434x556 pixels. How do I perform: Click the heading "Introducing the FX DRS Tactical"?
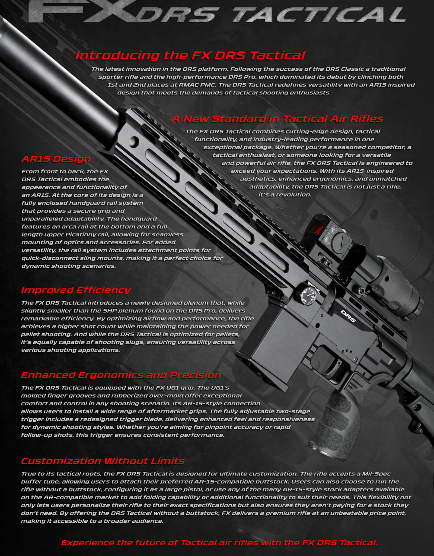click(190, 55)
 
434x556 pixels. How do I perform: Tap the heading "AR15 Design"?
click(56, 159)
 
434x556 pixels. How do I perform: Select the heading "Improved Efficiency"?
click(76, 290)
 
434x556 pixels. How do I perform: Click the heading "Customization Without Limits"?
click(103, 461)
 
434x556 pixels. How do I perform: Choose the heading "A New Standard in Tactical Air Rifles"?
click(277, 119)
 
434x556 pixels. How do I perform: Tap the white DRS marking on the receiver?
click(348, 316)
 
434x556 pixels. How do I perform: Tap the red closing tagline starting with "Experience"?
click(219, 535)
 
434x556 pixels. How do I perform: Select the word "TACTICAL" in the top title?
click(319, 15)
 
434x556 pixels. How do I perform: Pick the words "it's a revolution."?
click(285, 195)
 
